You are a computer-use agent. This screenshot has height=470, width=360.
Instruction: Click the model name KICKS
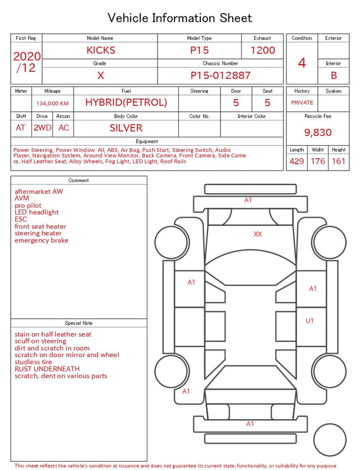[101, 50]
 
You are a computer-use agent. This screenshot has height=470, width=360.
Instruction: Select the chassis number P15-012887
[220, 75]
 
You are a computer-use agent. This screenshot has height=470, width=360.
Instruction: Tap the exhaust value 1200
[263, 50]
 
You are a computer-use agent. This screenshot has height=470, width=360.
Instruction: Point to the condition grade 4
[302, 63]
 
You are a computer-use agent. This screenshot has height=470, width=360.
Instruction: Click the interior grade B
[334, 75]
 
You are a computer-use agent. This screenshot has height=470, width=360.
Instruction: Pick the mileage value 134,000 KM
[52, 104]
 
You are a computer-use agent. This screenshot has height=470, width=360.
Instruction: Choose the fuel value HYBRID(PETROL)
[126, 102]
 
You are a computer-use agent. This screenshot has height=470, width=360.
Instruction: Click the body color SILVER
[126, 128]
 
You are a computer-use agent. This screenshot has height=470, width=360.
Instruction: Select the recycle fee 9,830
[318, 132]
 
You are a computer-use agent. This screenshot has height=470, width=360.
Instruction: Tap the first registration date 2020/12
[26, 62]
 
